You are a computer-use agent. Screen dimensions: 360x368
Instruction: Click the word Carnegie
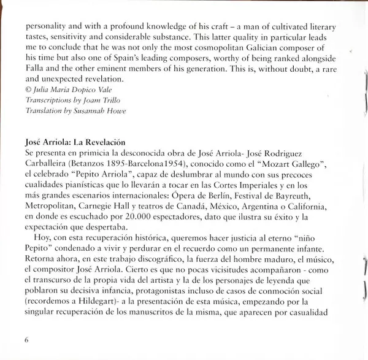coord(100,206)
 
